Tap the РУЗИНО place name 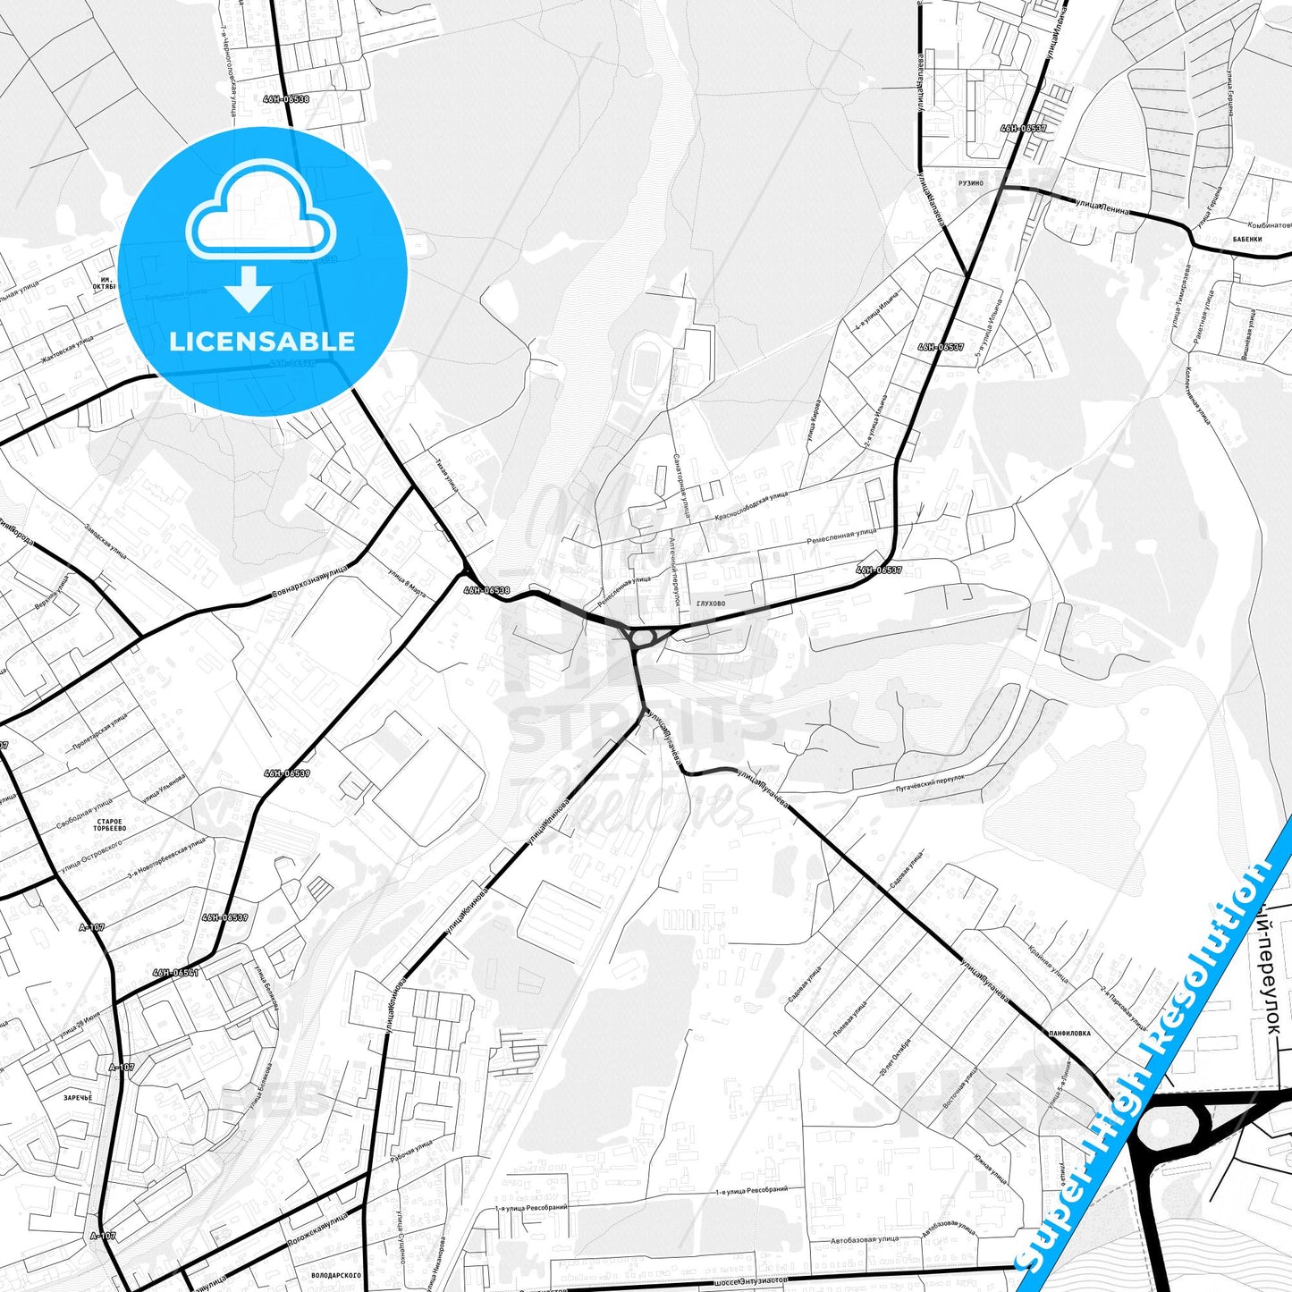(970, 182)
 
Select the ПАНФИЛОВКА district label (1069, 1033)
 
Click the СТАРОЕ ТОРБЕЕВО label (110, 824)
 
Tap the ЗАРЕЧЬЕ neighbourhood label (78, 1097)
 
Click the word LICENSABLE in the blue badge (262, 342)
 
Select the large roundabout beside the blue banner (1160, 1127)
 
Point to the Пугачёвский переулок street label (930, 784)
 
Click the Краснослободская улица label (751, 507)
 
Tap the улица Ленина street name (1102, 207)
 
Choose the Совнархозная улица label (308, 583)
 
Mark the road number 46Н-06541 (175, 972)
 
